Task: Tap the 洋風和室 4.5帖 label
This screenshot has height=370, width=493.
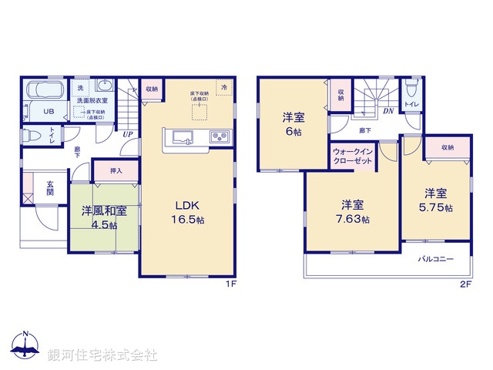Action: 101,217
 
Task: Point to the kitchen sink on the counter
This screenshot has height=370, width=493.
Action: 184,138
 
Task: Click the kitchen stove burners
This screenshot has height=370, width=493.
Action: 218,138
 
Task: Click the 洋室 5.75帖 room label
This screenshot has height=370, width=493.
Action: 436,200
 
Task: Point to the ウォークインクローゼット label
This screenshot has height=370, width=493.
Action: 354,156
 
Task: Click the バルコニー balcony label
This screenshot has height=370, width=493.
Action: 436,259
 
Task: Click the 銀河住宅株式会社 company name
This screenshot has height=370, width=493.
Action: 102,355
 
